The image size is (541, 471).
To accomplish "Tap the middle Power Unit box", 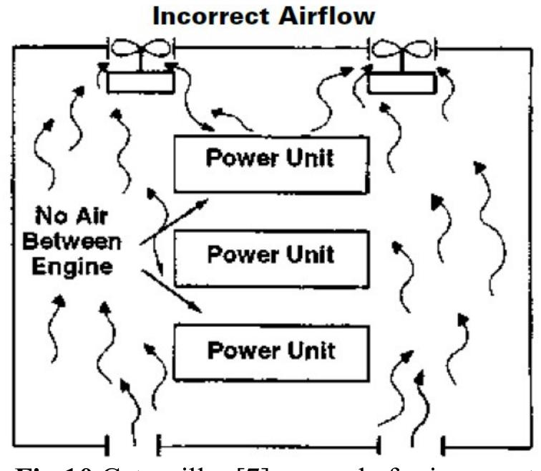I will pos(270,254).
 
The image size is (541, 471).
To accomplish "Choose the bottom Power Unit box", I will pos(270,352).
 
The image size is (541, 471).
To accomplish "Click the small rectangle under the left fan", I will pos(140,80).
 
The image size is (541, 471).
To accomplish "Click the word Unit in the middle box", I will pos(309,254).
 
